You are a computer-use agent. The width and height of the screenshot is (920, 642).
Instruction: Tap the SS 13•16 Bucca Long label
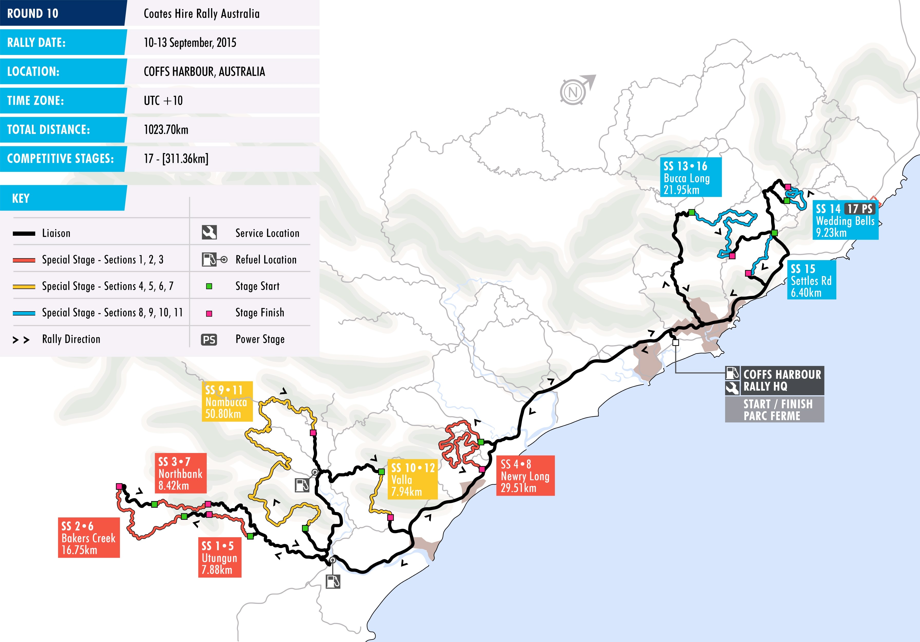(690, 177)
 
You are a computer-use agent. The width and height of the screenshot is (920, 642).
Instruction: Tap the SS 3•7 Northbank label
(180, 473)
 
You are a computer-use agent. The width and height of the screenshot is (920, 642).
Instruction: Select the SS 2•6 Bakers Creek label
(89, 537)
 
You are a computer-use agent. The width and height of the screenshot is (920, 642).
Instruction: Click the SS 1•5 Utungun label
(220, 558)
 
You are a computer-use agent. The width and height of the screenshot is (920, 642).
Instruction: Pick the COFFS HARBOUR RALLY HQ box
(774, 380)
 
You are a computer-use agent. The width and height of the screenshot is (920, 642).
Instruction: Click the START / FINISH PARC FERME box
(774, 410)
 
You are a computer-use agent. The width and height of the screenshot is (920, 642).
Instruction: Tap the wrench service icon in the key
(209, 232)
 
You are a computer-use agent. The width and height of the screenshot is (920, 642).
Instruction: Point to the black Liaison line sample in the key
(24, 233)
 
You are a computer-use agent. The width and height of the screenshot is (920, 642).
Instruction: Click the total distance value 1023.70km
(166, 129)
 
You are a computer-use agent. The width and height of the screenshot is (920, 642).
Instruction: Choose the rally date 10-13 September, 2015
(190, 42)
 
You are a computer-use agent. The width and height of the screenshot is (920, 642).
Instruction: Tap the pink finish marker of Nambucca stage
(313, 433)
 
